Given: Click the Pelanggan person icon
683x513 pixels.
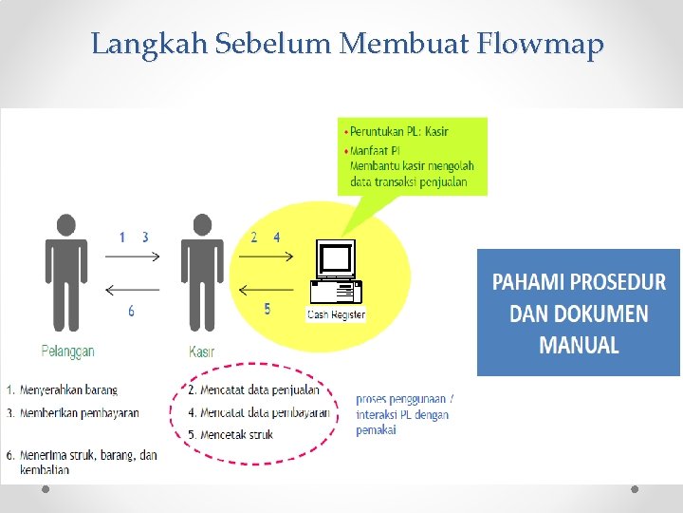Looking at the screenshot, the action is [x=65, y=271].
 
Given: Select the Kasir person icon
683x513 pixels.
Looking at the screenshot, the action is [x=202, y=271].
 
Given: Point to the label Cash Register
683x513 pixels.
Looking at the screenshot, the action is [x=336, y=314].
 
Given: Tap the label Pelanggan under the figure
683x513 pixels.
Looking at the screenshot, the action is [x=67, y=351].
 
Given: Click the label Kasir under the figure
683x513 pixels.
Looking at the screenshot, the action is [x=202, y=351].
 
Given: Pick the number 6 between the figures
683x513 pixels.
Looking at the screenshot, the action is [x=131, y=310].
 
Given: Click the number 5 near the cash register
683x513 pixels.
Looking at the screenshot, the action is [x=268, y=309].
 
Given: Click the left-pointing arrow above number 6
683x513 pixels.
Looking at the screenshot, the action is [x=133, y=290].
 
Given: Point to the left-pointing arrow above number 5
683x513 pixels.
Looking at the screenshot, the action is [x=268, y=290].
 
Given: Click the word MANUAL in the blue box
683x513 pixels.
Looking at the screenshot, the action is [x=579, y=345].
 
